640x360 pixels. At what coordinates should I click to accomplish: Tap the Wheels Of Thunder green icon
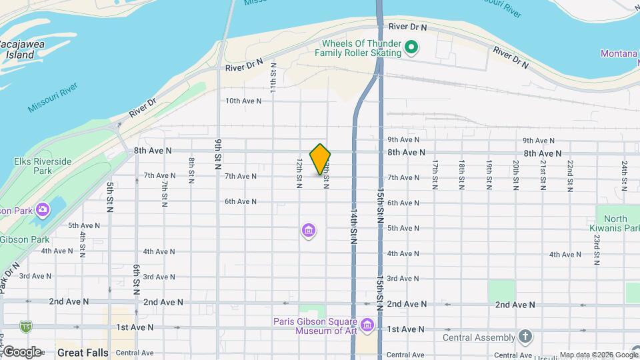click(411, 47)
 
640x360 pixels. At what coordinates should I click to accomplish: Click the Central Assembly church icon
click(525, 336)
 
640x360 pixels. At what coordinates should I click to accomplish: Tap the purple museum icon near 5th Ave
click(308, 231)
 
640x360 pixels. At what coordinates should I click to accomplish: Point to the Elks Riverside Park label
click(42, 166)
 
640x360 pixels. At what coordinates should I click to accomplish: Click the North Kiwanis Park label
click(616, 223)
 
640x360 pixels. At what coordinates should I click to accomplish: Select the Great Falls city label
click(83, 351)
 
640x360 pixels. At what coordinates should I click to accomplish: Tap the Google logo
click(21, 351)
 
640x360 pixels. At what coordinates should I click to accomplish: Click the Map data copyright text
click(598, 355)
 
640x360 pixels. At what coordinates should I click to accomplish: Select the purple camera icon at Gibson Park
click(43, 210)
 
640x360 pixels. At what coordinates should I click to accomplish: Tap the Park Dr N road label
click(11, 271)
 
